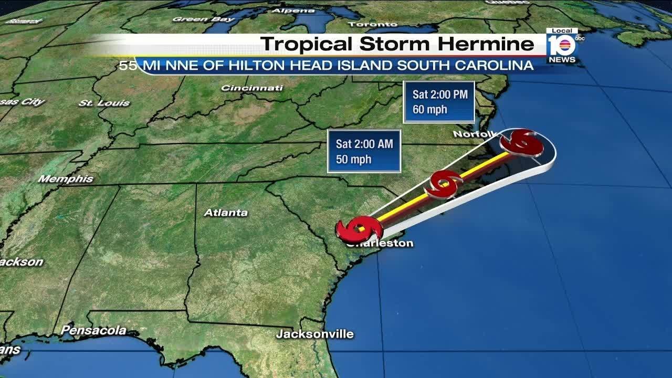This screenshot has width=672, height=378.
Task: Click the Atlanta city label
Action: (x=225, y=213)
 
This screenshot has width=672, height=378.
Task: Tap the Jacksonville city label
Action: (x=314, y=334)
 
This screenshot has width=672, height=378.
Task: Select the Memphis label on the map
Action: (x=66, y=179)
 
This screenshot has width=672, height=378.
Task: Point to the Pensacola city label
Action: (x=93, y=330)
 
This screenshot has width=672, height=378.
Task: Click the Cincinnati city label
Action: (x=252, y=88)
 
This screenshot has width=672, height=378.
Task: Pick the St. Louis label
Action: (x=104, y=103)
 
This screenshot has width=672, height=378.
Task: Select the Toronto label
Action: (x=372, y=24)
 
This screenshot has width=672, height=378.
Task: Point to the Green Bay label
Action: (x=204, y=19)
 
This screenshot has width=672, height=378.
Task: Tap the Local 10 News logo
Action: (x=562, y=46)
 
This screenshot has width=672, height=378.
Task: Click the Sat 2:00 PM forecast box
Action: (x=439, y=102)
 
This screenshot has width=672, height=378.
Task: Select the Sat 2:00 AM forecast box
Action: (x=364, y=151)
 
